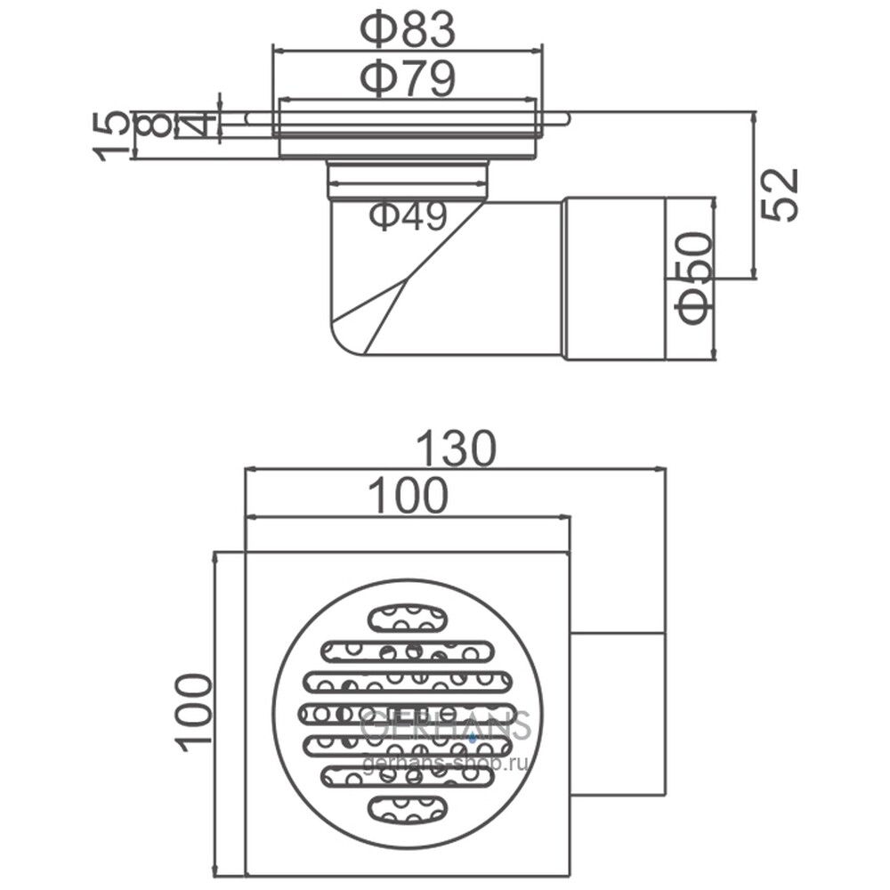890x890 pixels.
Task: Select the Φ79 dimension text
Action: click(x=408, y=78)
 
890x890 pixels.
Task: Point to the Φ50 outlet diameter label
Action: click(x=693, y=278)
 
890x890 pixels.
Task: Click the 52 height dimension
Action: click(x=780, y=195)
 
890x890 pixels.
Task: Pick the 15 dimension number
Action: click(x=110, y=136)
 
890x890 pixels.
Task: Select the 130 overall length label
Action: click(x=457, y=449)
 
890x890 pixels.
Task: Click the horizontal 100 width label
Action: click(x=409, y=496)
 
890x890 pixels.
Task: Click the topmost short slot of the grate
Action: click(x=408, y=617)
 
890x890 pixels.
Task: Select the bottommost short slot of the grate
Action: click(x=408, y=809)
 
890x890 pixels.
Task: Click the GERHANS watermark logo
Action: click(x=446, y=725)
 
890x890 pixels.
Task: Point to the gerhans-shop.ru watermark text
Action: click(x=444, y=764)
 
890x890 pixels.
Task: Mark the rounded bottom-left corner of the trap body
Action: click(x=339, y=342)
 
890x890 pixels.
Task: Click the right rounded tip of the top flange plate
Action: click(x=565, y=118)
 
